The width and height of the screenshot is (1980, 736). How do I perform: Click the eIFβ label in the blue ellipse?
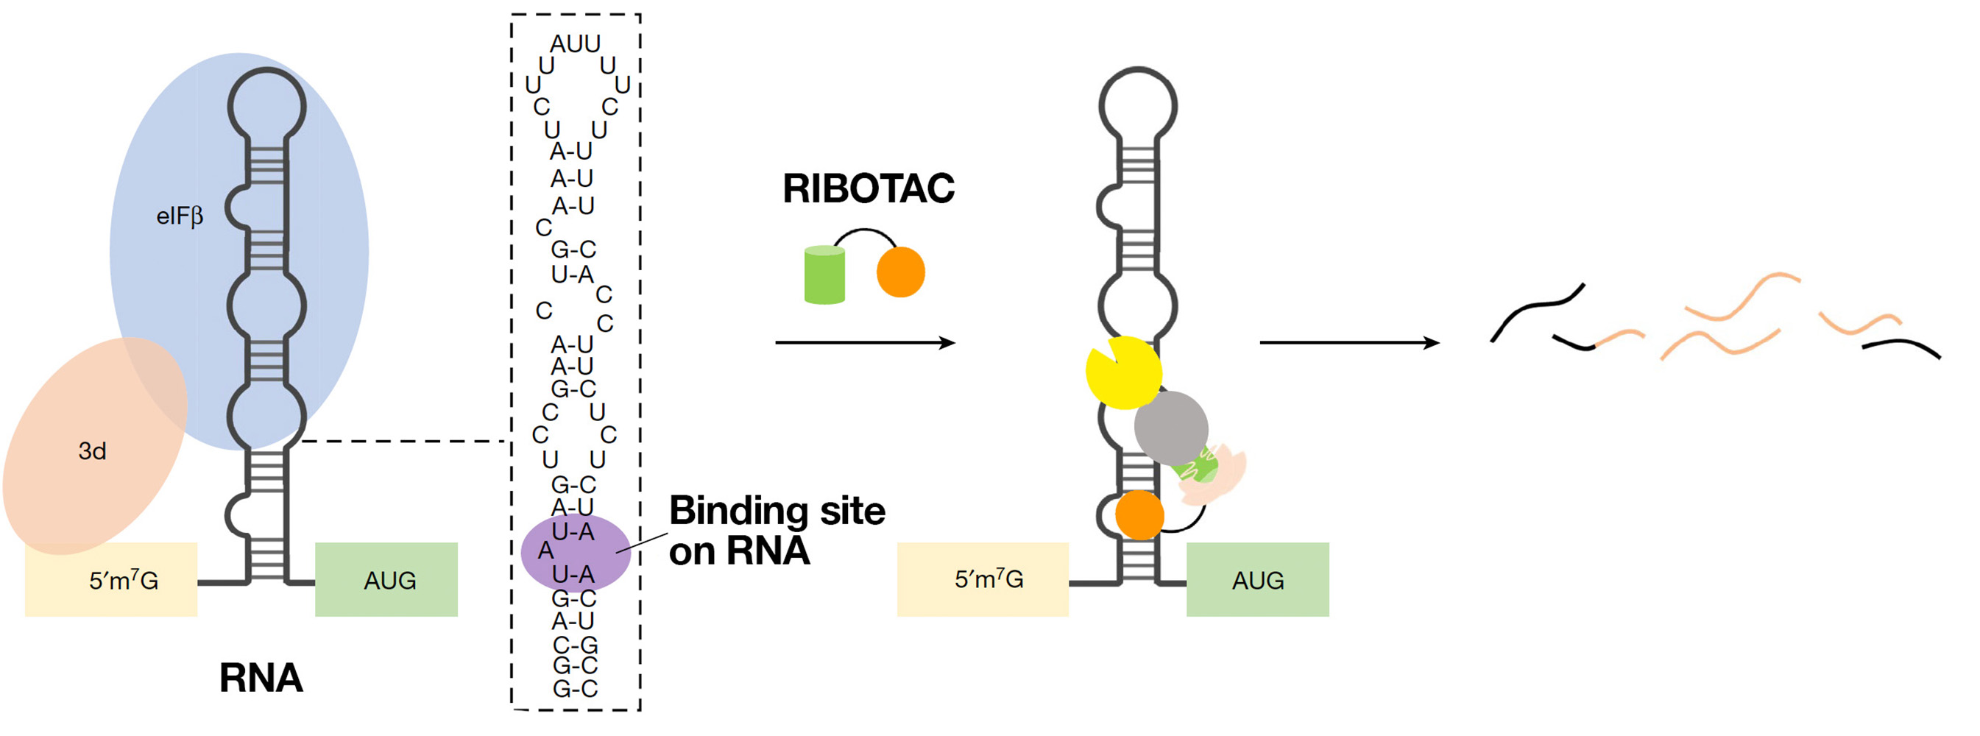pyautogui.click(x=180, y=216)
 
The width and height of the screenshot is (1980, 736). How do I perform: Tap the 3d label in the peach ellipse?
pyautogui.click(x=92, y=451)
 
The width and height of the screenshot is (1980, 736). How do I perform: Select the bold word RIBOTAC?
pyautogui.click(x=869, y=189)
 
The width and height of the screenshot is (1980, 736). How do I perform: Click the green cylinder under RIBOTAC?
pyautogui.click(x=824, y=275)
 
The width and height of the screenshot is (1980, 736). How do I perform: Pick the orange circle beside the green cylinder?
pyautogui.click(x=901, y=272)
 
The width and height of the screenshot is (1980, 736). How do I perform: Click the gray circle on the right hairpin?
pyautogui.click(x=1170, y=427)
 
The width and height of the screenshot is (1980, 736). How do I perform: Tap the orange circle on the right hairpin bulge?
pyautogui.click(x=1139, y=514)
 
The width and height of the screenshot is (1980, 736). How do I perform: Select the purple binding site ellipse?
pyautogui.click(x=576, y=553)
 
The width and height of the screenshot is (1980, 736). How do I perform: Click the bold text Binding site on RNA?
pyautogui.click(x=777, y=530)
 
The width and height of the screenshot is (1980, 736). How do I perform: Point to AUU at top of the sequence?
pyautogui.click(x=575, y=43)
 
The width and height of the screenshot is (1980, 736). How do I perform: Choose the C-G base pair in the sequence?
pyautogui.click(x=575, y=644)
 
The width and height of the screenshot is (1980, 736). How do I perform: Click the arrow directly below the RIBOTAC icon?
pyautogui.click(x=865, y=343)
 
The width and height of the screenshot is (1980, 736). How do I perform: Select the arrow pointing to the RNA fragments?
pyautogui.click(x=1349, y=343)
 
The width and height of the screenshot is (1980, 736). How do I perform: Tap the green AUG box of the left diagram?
pyautogui.click(x=386, y=579)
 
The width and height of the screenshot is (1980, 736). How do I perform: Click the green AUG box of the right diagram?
pyautogui.click(x=1257, y=579)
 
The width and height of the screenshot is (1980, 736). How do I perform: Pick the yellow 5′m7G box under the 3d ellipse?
pyautogui.click(x=111, y=581)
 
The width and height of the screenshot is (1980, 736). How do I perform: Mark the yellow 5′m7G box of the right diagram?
pyautogui.click(x=983, y=579)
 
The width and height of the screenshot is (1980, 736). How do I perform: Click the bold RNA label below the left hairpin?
pyautogui.click(x=261, y=678)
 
